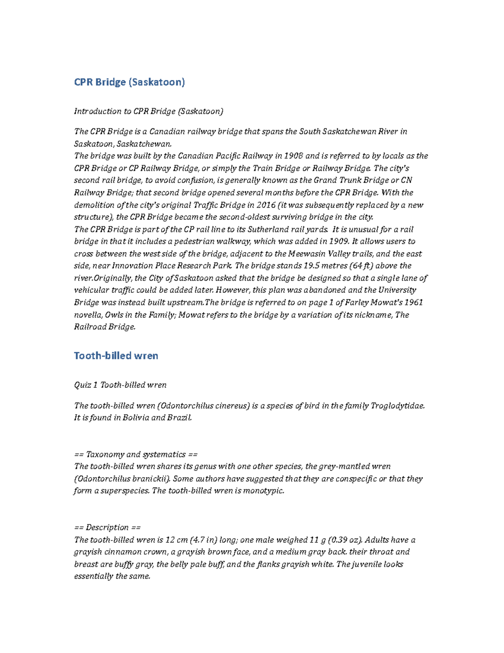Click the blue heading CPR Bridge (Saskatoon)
tap(129, 82)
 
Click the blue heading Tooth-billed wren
tap(116, 356)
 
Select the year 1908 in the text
tap(294, 156)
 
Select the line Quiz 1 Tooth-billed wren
tap(120, 385)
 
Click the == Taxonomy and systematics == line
tap(136, 455)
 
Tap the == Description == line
tap(107, 528)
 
